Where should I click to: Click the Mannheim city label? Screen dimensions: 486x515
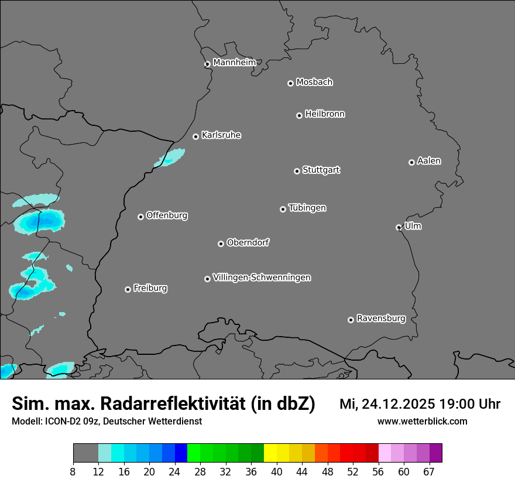pyautogui.click(x=234, y=63)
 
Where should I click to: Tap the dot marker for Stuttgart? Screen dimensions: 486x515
pyautogui.click(x=297, y=171)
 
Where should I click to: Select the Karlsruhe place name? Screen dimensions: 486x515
pyautogui.click(x=221, y=135)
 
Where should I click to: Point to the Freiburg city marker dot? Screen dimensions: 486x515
pyautogui.click(x=128, y=289)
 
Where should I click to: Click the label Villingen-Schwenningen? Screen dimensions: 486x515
pyautogui.click(x=262, y=278)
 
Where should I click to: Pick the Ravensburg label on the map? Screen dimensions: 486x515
pyautogui.click(x=381, y=319)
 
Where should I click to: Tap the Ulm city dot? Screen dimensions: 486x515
pyautogui.click(x=399, y=227)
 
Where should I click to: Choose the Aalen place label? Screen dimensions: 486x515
pyautogui.click(x=429, y=161)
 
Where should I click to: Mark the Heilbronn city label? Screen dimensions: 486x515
pyautogui.click(x=325, y=114)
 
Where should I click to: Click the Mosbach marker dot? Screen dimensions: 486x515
pyautogui.click(x=290, y=83)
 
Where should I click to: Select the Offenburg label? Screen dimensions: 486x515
pyautogui.click(x=167, y=215)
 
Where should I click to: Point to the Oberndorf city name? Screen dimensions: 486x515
pyautogui.click(x=248, y=242)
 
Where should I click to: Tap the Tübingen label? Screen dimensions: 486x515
pyautogui.click(x=307, y=208)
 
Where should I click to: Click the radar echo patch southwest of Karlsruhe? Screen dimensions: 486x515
pyautogui.click(x=171, y=157)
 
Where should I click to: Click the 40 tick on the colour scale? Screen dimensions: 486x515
pyautogui.click(x=277, y=472)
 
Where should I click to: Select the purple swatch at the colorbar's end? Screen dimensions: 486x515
pyautogui.click(x=436, y=453)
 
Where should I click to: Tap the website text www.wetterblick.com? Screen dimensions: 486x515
pyautogui.click(x=422, y=421)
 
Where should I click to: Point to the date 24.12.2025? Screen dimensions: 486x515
pyautogui.click(x=398, y=404)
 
